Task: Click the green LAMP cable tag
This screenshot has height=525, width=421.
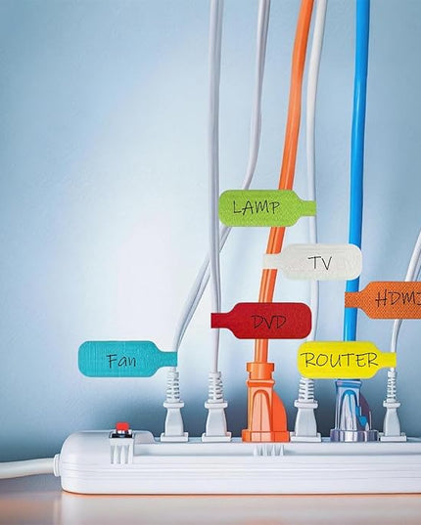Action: [266, 207]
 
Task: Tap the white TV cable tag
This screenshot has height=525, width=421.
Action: [312, 262]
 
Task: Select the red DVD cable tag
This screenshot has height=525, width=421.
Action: [261, 321]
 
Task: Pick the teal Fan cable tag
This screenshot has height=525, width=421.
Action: [127, 360]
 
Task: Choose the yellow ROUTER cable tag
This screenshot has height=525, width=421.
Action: [347, 360]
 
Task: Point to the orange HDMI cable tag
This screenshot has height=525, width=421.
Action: [383, 300]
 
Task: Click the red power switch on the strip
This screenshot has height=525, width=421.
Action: [121, 427]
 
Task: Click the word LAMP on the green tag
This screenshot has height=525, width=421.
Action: [256, 207]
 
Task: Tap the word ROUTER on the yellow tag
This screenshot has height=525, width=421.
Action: [340, 361]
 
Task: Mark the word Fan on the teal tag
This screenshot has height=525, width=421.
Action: [122, 361]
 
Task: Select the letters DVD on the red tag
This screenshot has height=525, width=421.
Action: [269, 322]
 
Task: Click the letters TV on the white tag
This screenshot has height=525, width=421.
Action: [320, 263]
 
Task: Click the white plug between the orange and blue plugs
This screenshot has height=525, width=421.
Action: [306, 409]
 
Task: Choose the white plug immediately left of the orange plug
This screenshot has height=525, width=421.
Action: [215, 406]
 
